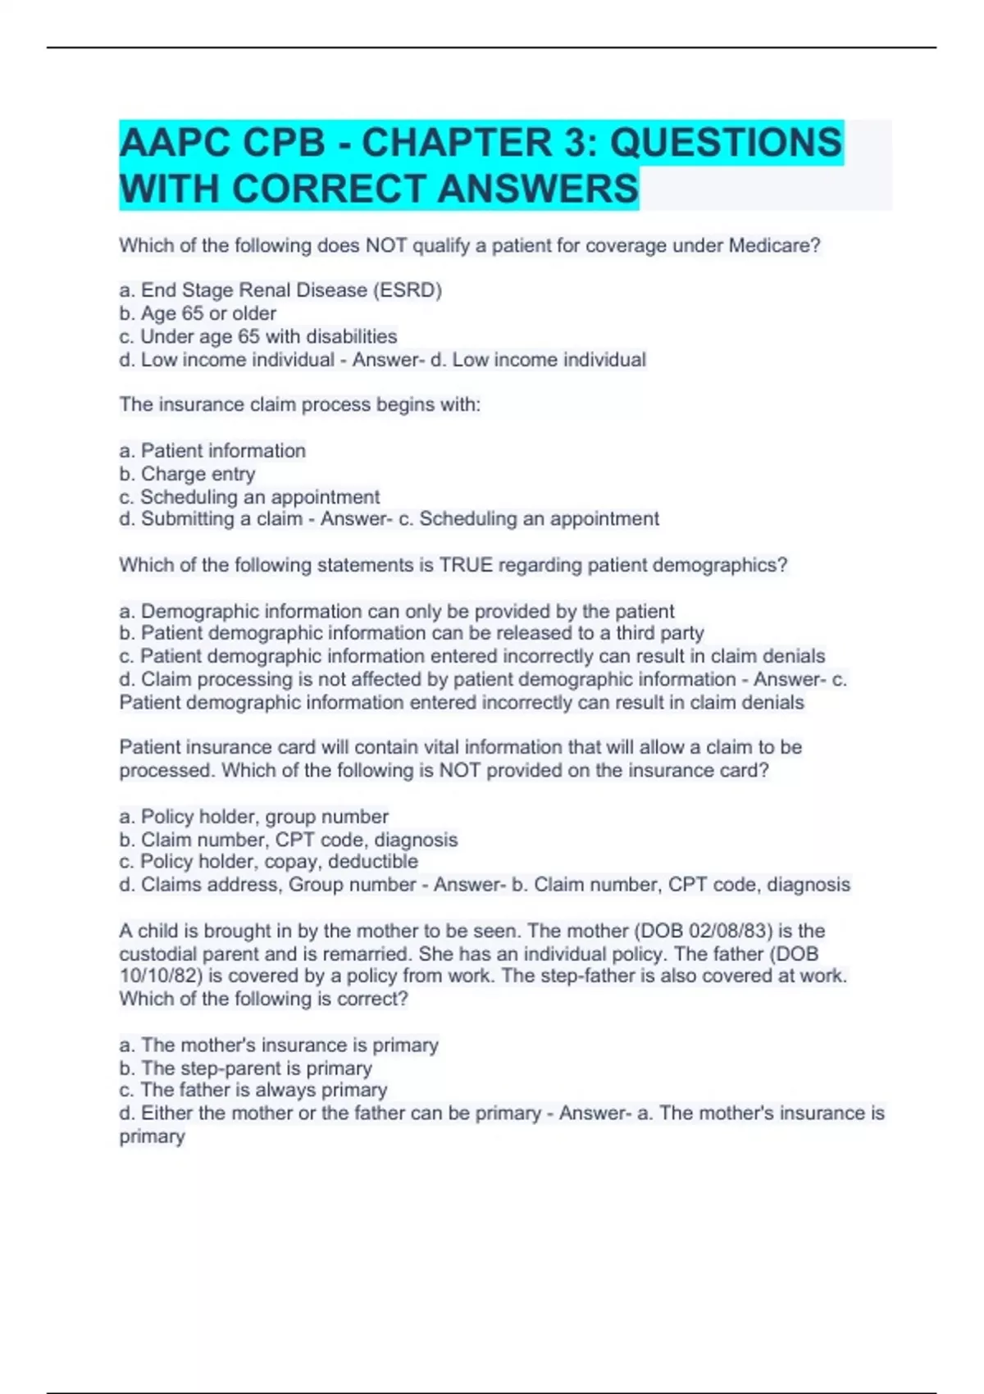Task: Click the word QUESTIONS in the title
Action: [x=726, y=143]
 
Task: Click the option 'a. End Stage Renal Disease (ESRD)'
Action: [x=280, y=290]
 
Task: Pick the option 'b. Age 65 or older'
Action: [x=198, y=313]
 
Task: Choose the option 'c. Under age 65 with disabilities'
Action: [x=258, y=336]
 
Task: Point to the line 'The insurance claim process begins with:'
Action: [x=299, y=404]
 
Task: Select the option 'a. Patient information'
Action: [x=212, y=450]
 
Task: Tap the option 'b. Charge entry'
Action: [x=187, y=474]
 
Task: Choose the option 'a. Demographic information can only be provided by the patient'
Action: [x=397, y=611]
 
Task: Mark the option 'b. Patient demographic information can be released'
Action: [x=412, y=633]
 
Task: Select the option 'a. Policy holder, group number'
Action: [x=254, y=816]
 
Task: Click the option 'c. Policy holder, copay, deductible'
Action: [x=269, y=861]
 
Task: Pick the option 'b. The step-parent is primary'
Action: [x=246, y=1068]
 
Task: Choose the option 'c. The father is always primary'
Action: [x=253, y=1090]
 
